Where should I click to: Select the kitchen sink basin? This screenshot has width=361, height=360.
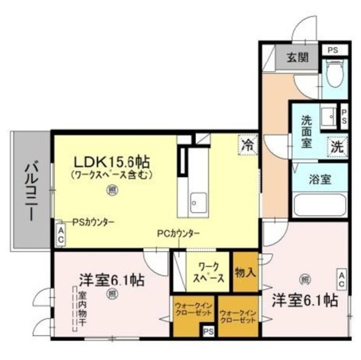(198, 199)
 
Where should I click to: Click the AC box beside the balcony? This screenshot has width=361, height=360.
(61, 234)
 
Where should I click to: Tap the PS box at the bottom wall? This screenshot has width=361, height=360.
(209, 332)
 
